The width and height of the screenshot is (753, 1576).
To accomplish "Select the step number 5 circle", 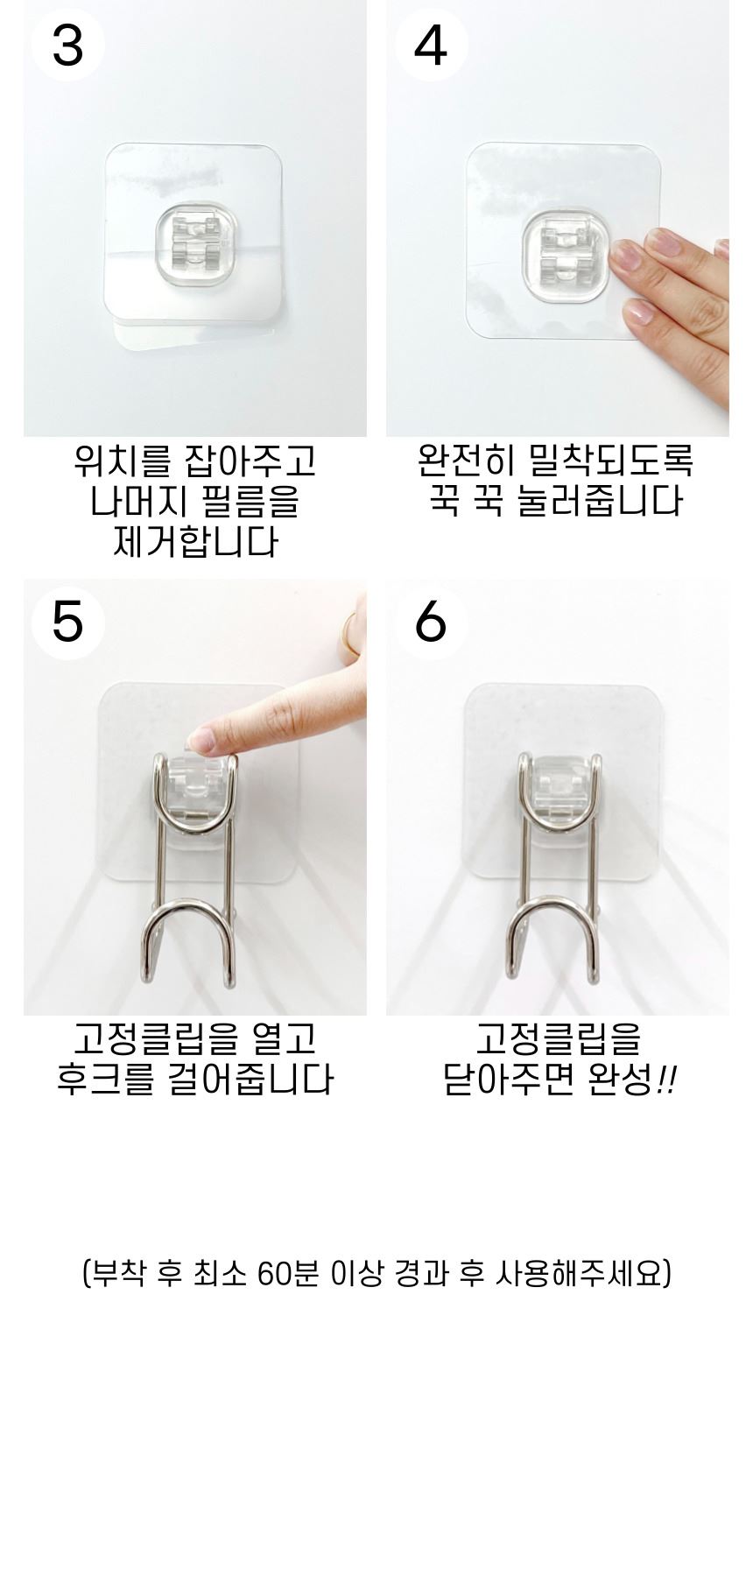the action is [68, 623].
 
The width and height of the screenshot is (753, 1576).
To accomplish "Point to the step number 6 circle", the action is [431, 623].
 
